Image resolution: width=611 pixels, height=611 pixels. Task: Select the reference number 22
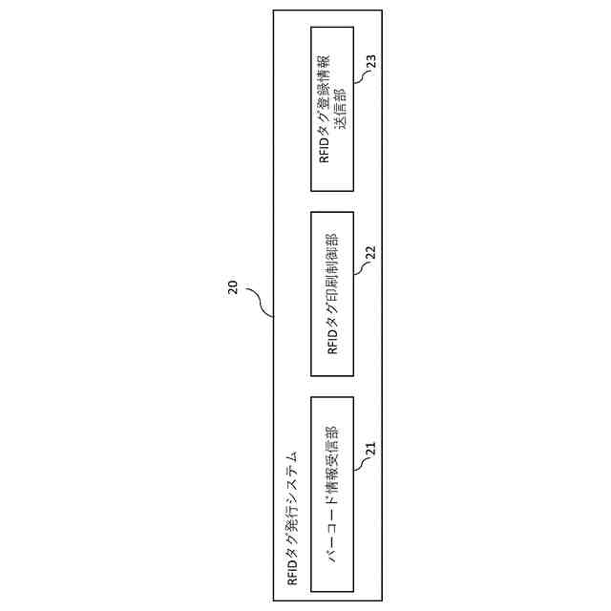click(x=372, y=254)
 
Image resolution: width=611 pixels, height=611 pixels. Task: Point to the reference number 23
click(x=371, y=63)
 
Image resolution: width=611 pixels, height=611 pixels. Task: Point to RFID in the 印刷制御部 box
click(x=333, y=341)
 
